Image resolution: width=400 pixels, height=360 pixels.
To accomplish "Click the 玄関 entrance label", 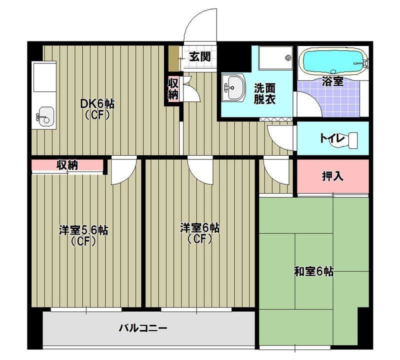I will coord(199,56).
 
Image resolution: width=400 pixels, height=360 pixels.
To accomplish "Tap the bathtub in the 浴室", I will coord(332,61).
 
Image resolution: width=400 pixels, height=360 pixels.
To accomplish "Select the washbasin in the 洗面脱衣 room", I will coord(233,88).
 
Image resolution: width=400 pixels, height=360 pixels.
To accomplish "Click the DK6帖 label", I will coord(98,104).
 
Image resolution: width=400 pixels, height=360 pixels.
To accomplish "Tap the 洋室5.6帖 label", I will coord(83,230).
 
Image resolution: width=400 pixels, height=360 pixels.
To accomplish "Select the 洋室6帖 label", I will coord(200,228).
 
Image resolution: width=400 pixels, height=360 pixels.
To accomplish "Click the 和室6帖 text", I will coord(313,272).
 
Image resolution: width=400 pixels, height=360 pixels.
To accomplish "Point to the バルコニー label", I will coord(142,328).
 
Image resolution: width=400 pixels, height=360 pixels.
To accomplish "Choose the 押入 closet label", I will coord(332,176).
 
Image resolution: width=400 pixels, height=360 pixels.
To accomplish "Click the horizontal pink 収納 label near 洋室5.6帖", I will coord(66,165).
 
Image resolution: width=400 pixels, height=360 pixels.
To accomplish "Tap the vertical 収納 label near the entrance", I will coord(173,89).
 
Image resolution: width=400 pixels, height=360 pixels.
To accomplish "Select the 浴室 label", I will coord(332,81).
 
